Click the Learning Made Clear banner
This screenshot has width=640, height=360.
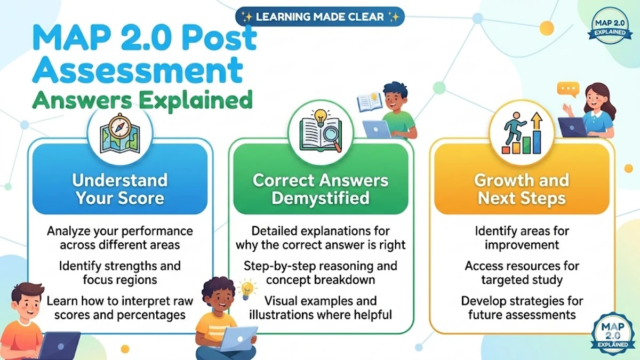[x=320, y=17]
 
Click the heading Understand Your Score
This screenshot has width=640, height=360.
[x=120, y=189]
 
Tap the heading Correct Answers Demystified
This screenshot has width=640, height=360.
[x=321, y=189]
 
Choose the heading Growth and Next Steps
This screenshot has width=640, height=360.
[x=522, y=189]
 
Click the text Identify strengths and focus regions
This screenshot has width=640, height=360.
[x=120, y=272]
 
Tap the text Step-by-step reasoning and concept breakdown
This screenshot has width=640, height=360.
[x=321, y=272]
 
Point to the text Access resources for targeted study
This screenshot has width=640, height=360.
[x=522, y=272]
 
